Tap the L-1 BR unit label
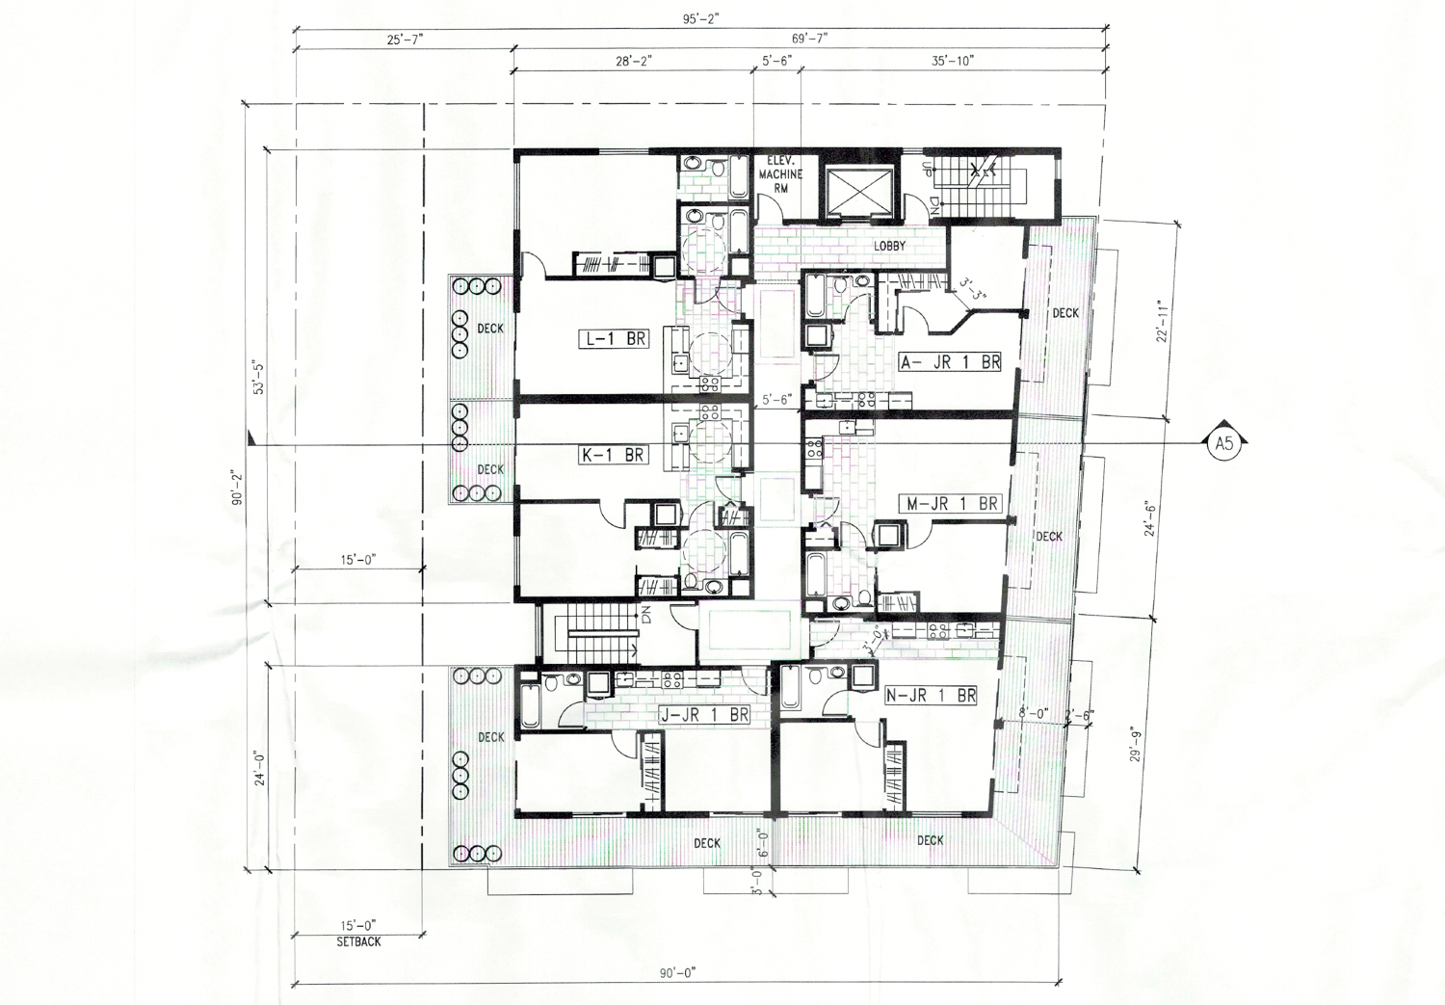(x=613, y=339)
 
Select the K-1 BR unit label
(x=613, y=455)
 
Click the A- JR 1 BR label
(x=950, y=362)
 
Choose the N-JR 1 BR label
(x=931, y=695)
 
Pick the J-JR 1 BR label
(x=705, y=715)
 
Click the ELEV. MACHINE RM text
(x=778, y=174)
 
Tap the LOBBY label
(x=889, y=247)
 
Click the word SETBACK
(x=358, y=941)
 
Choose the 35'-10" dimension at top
(x=954, y=61)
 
